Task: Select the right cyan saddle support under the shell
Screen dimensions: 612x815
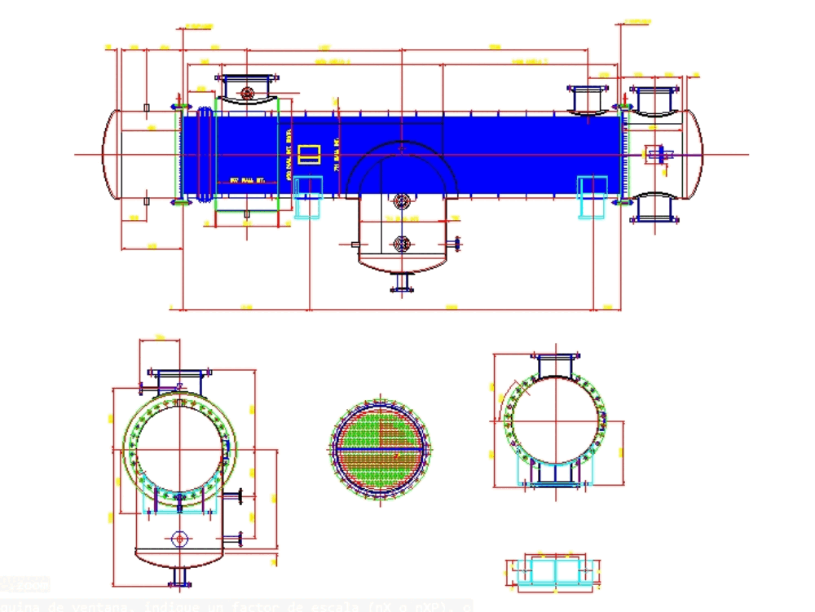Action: [x=593, y=196]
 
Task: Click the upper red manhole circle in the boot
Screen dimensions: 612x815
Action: [x=401, y=200]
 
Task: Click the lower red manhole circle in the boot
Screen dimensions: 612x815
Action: [x=401, y=244]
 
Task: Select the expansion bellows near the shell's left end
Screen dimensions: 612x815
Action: [x=204, y=154]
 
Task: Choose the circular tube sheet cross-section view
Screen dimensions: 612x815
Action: [x=381, y=448]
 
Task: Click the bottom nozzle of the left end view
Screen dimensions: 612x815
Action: [x=179, y=575]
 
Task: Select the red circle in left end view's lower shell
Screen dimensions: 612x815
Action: [x=179, y=539]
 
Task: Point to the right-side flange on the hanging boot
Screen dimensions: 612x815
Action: [x=456, y=243]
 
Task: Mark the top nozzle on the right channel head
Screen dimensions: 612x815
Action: [x=654, y=99]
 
